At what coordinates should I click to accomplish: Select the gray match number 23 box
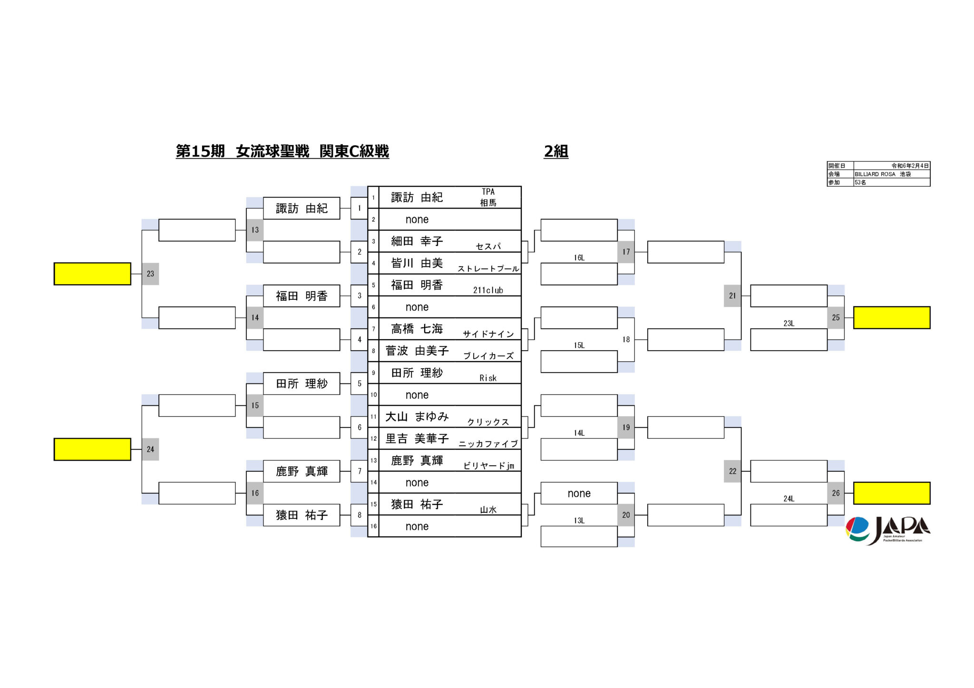pyautogui.click(x=150, y=274)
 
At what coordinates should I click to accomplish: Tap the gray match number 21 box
pyautogui.click(x=732, y=296)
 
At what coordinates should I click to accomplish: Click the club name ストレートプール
pyautogui.click(x=488, y=268)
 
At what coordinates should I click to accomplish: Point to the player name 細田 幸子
pyautogui.click(x=417, y=241)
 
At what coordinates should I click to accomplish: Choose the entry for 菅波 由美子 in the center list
pyautogui.click(x=417, y=351)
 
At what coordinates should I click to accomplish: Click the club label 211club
pyautogui.click(x=488, y=290)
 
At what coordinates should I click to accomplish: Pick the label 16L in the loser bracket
pyautogui.click(x=579, y=258)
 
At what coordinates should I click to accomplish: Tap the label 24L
pyautogui.click(x=789, y=498)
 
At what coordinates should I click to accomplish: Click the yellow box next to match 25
pyautogui.click(x=892, y=317)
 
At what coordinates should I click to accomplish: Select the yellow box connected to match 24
pyautogui.click(x=92, y=449)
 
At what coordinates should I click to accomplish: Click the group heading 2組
pyautogui.click(x=556, y=151)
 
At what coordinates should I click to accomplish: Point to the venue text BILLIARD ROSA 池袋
pyautogui.click(x=883, y=174)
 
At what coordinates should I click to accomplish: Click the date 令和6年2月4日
pyautogui.click(x=910, y=166)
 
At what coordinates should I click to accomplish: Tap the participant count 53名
pyautogui.click(x=860, y=182)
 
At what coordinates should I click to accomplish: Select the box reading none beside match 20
pyautogui.click(x=579, y=493)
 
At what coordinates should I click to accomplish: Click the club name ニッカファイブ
pyautogui.click(x=488, y=444)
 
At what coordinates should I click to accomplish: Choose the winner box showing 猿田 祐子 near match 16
pyautogui.click(x=302, y=515)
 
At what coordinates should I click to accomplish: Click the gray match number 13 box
pyautogui.click(x=255, y=230)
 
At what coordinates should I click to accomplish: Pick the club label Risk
pyautogui.click(x=488, y=378)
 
